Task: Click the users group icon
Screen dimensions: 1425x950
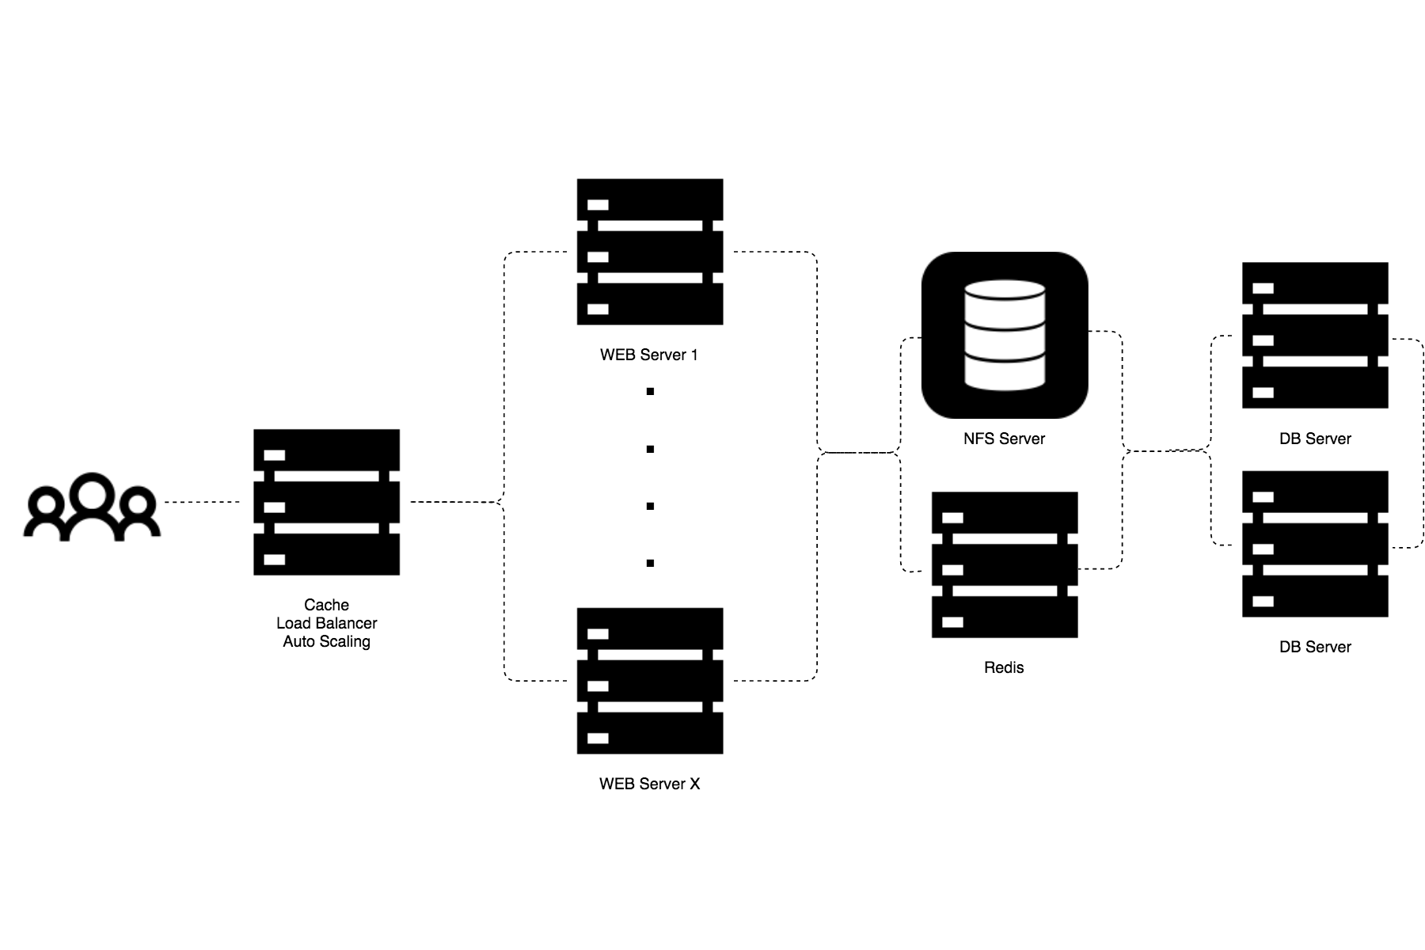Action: pyautogui.click(x=92, y=507)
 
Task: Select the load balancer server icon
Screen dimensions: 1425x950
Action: pyautogui.click(x=326, y=502)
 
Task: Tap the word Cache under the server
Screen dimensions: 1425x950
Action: pyautogui.click(x=326, y=605)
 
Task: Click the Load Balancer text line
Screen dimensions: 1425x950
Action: pyautogui.click(x=326, y=623)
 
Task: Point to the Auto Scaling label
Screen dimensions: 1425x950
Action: pyautogui.click(x=326, y=641)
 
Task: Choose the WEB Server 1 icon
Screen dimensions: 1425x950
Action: pyautogui.click(x=650, y=252)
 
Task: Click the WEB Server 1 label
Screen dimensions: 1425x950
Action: pyautogui.click(x=649, y=355)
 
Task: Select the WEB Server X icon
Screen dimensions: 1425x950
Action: pyautogui.click(x=650, y=681)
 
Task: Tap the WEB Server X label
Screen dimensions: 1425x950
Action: pyautogui.click(x=649, y=784)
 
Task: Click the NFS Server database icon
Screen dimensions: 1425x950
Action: pyautogui.click(x=1005, y=335)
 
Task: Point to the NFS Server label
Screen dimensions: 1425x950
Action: pyautogui.click(x=1004, y=439)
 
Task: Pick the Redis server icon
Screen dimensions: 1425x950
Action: pyautogui.click(x=1005, y=564)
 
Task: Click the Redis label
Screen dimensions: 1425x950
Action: pyautogui.click(x=1004, y=667)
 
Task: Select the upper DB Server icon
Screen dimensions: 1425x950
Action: pyautogui.click(x=1315, y=335)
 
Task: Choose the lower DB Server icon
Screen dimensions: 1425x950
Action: pyautogui.click(x=1315, y=544)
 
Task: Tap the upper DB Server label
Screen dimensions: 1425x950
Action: pyautogui.click(x=1315, y=439)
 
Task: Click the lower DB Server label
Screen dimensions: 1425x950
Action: pyautogui.click(x=1315, y=647)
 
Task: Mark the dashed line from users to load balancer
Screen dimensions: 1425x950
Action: pyautogui.click(x=202, y=502)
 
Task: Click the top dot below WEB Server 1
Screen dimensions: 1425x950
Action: pyautogui.click(x=650, y=392)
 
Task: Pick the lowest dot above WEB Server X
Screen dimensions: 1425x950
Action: pyautogui.click(x=650, y=564)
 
